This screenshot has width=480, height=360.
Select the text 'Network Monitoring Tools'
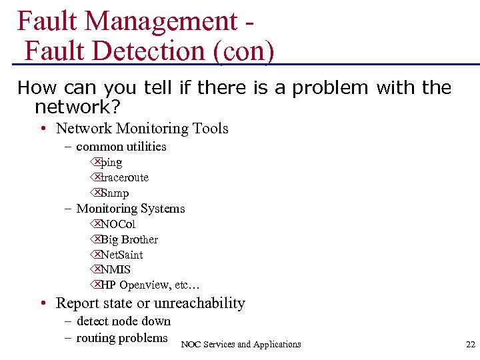[x=142, y=128]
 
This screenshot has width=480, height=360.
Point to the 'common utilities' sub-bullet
[x=121, y=146]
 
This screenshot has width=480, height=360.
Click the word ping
[x=111, y=162]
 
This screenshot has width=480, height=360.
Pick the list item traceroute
[x=125, y=177]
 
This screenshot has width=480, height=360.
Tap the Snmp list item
[x=114, y=193]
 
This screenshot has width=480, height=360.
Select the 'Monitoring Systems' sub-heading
[x=131, y=208]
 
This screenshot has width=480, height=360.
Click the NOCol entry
[x=118, y=224]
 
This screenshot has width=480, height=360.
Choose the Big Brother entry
[x=129, y=239]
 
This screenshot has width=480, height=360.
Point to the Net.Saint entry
[x=122, y=255]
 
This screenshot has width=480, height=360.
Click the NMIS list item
[x=116, y=270]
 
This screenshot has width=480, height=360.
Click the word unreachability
[x=199, y=303]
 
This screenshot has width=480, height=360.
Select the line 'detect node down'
[x=123, y=321]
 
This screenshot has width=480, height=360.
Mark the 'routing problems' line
[x=122, y=338]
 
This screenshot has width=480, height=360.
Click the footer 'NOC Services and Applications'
[x=241, y=344]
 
